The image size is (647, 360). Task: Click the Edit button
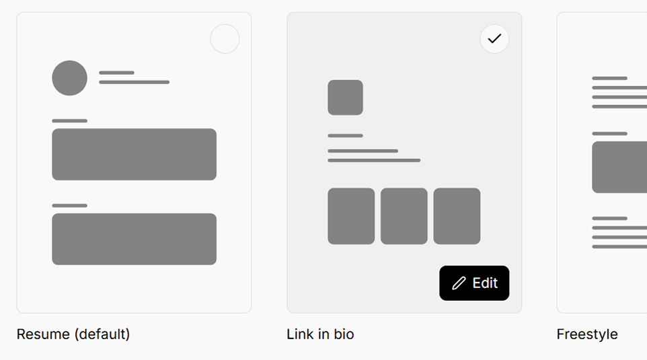click(x=474, y=283)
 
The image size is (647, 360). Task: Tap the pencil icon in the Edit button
click(x=459, y=283)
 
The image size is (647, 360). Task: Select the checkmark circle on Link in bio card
click(x=494, y=39)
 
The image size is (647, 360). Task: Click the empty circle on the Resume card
click(x=225, y=39)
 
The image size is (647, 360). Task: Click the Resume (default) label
click(x=73, y=334)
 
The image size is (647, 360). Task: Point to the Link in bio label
click(x=320, y=334)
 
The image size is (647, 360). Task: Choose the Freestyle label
click(x=587, y=334)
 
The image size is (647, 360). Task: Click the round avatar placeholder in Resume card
click(x=70, y=78)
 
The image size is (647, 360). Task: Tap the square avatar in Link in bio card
click(x=346, y=98)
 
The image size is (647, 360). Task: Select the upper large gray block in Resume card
click(x=134, y=154)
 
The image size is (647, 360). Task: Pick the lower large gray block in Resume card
click(x=134, y=239)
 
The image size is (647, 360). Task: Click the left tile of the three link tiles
click(x=351, y=216)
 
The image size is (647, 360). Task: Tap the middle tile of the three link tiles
click(x=404, y=216)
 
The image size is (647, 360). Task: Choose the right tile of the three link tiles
click(x=457, y=216)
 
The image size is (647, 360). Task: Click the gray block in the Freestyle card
click(x=619, y=167)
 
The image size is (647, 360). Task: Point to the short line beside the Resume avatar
click(x=117, y=73)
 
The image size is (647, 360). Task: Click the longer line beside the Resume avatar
click(x=134, y=82)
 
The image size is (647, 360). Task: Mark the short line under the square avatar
click(x=346, y=135)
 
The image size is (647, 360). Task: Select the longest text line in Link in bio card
click(x=374, y=160)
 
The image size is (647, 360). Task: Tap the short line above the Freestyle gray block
click(x=609, y=133)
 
